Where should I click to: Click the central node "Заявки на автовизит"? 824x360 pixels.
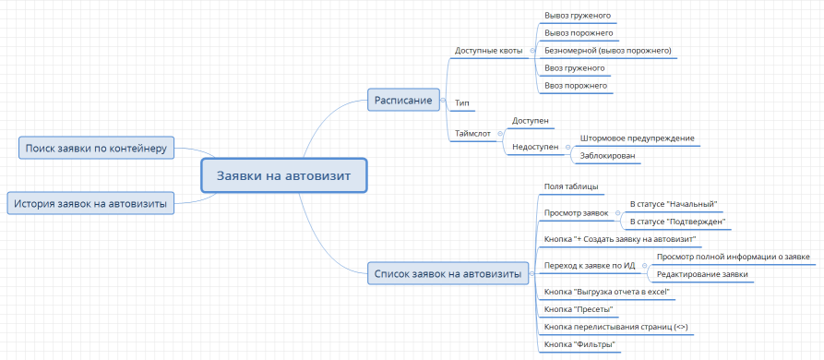pyautogui.click(x=284, y=175)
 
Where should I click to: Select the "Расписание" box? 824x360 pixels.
pyautogui.click(x=402, y=100)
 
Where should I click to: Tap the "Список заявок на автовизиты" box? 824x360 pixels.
pyautogui.click(x=447, y=273)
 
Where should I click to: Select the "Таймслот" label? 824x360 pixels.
pyautogui.click(x=472, y=134)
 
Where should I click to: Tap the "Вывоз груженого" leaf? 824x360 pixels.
pyautogui.click(x=578, y=16)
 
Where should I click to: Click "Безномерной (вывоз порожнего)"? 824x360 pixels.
pyautogui.click(x=608, y=50)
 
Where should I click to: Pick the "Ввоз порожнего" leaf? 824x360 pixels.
pyautogui.click(x=576, y=85)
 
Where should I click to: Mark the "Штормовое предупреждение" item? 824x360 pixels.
pyautogui.click(x=637, y=138)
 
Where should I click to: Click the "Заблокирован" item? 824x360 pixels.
pyautogui.click(x=607, y=156)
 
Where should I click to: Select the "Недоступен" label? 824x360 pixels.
pyautogui.click(x=533, y=147)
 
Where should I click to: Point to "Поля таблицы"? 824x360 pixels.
pyautogui.click(x=571, y=186)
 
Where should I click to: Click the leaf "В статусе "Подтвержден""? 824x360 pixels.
pyautogui.click(x=676, y=222)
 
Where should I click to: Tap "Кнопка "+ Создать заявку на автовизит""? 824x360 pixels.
pyautogui.click(x=620, y=239)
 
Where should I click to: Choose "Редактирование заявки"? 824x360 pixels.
pyautogui.click(x=701, y=274)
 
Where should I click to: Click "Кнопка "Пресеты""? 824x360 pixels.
pyautogui.click(x=579, y=308)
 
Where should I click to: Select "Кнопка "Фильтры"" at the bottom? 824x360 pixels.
pyautogui.click(x=579, y=343)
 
